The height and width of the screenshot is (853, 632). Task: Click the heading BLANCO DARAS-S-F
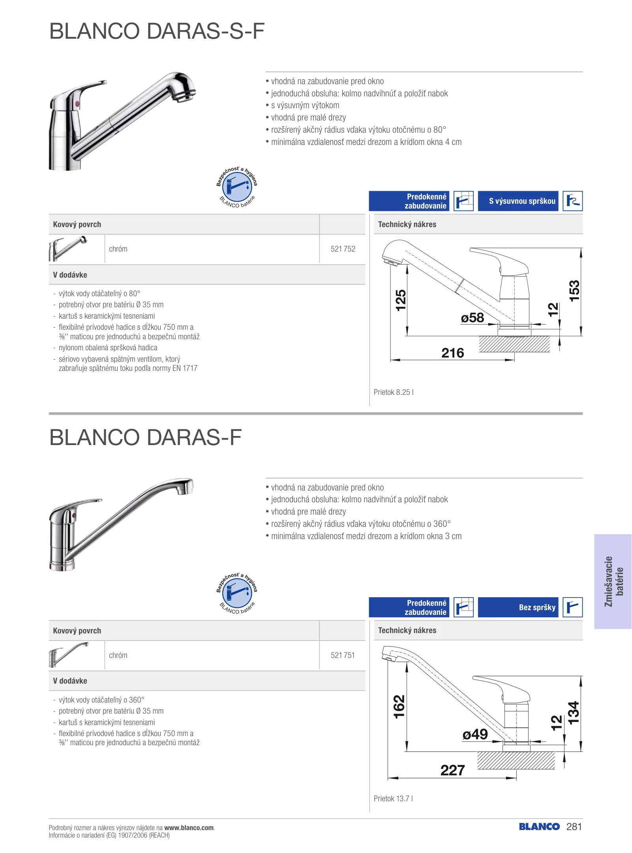click(157, 31)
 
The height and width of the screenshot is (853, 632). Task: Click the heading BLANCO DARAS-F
click(145, 438)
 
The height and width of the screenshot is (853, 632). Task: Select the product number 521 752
click(343, 249)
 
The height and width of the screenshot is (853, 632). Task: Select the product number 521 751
click(343, 655)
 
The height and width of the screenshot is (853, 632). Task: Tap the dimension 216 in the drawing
click(452, 353)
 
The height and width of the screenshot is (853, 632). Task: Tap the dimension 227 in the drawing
click(452, 770)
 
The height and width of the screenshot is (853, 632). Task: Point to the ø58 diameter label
click(473, 318)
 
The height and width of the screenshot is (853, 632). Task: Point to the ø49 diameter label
click(475, 735)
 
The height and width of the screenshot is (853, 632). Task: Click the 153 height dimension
click(574, 291)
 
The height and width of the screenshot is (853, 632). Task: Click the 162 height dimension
click(399, 706)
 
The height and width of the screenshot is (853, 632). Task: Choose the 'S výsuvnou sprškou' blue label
click(518, 201)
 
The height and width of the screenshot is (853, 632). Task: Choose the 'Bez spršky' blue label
click(518, 607)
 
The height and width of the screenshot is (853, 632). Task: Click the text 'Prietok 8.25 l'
click(394, 392)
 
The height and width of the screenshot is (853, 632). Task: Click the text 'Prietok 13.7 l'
click(393, 799)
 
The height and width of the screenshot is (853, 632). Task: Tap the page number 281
click(574, 827)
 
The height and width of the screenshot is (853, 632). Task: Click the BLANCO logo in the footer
click(539, 827)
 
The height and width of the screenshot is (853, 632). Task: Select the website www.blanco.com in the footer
click(189, 828)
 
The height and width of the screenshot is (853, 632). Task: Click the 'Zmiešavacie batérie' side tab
click(613, 581)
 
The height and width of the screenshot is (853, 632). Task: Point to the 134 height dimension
click(574, 712)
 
